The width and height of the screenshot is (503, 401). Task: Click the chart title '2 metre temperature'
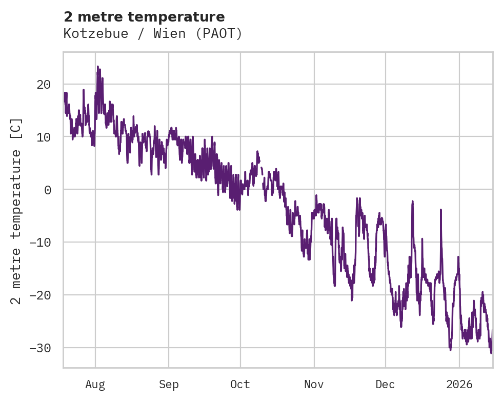click(144, 16)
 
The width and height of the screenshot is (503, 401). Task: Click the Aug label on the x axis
click(95, 385)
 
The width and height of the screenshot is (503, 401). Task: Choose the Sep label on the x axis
click(169, 385)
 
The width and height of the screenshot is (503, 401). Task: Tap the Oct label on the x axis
click(240, 385)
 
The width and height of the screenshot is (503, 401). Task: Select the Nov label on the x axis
click(314, 385)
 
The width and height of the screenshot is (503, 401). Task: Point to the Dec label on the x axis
click(385, 385)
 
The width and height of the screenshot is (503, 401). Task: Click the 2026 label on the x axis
click(459, 385)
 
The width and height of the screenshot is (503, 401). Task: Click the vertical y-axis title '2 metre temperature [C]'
click(17, 210)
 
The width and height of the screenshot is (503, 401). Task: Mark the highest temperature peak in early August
click(97, 67)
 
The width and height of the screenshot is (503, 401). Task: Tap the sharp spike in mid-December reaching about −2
click(412, 202)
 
